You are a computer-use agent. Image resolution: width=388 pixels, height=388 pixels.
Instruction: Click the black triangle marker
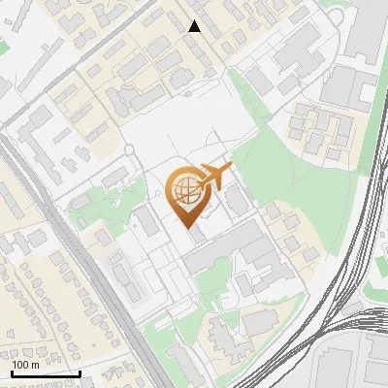(195, 26)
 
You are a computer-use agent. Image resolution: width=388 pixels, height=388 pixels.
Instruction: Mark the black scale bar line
(46, 373)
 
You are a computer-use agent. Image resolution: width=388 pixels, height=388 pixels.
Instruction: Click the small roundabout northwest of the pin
(127, 149)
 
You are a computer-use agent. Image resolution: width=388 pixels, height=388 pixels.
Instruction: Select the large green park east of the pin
(281, 165)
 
